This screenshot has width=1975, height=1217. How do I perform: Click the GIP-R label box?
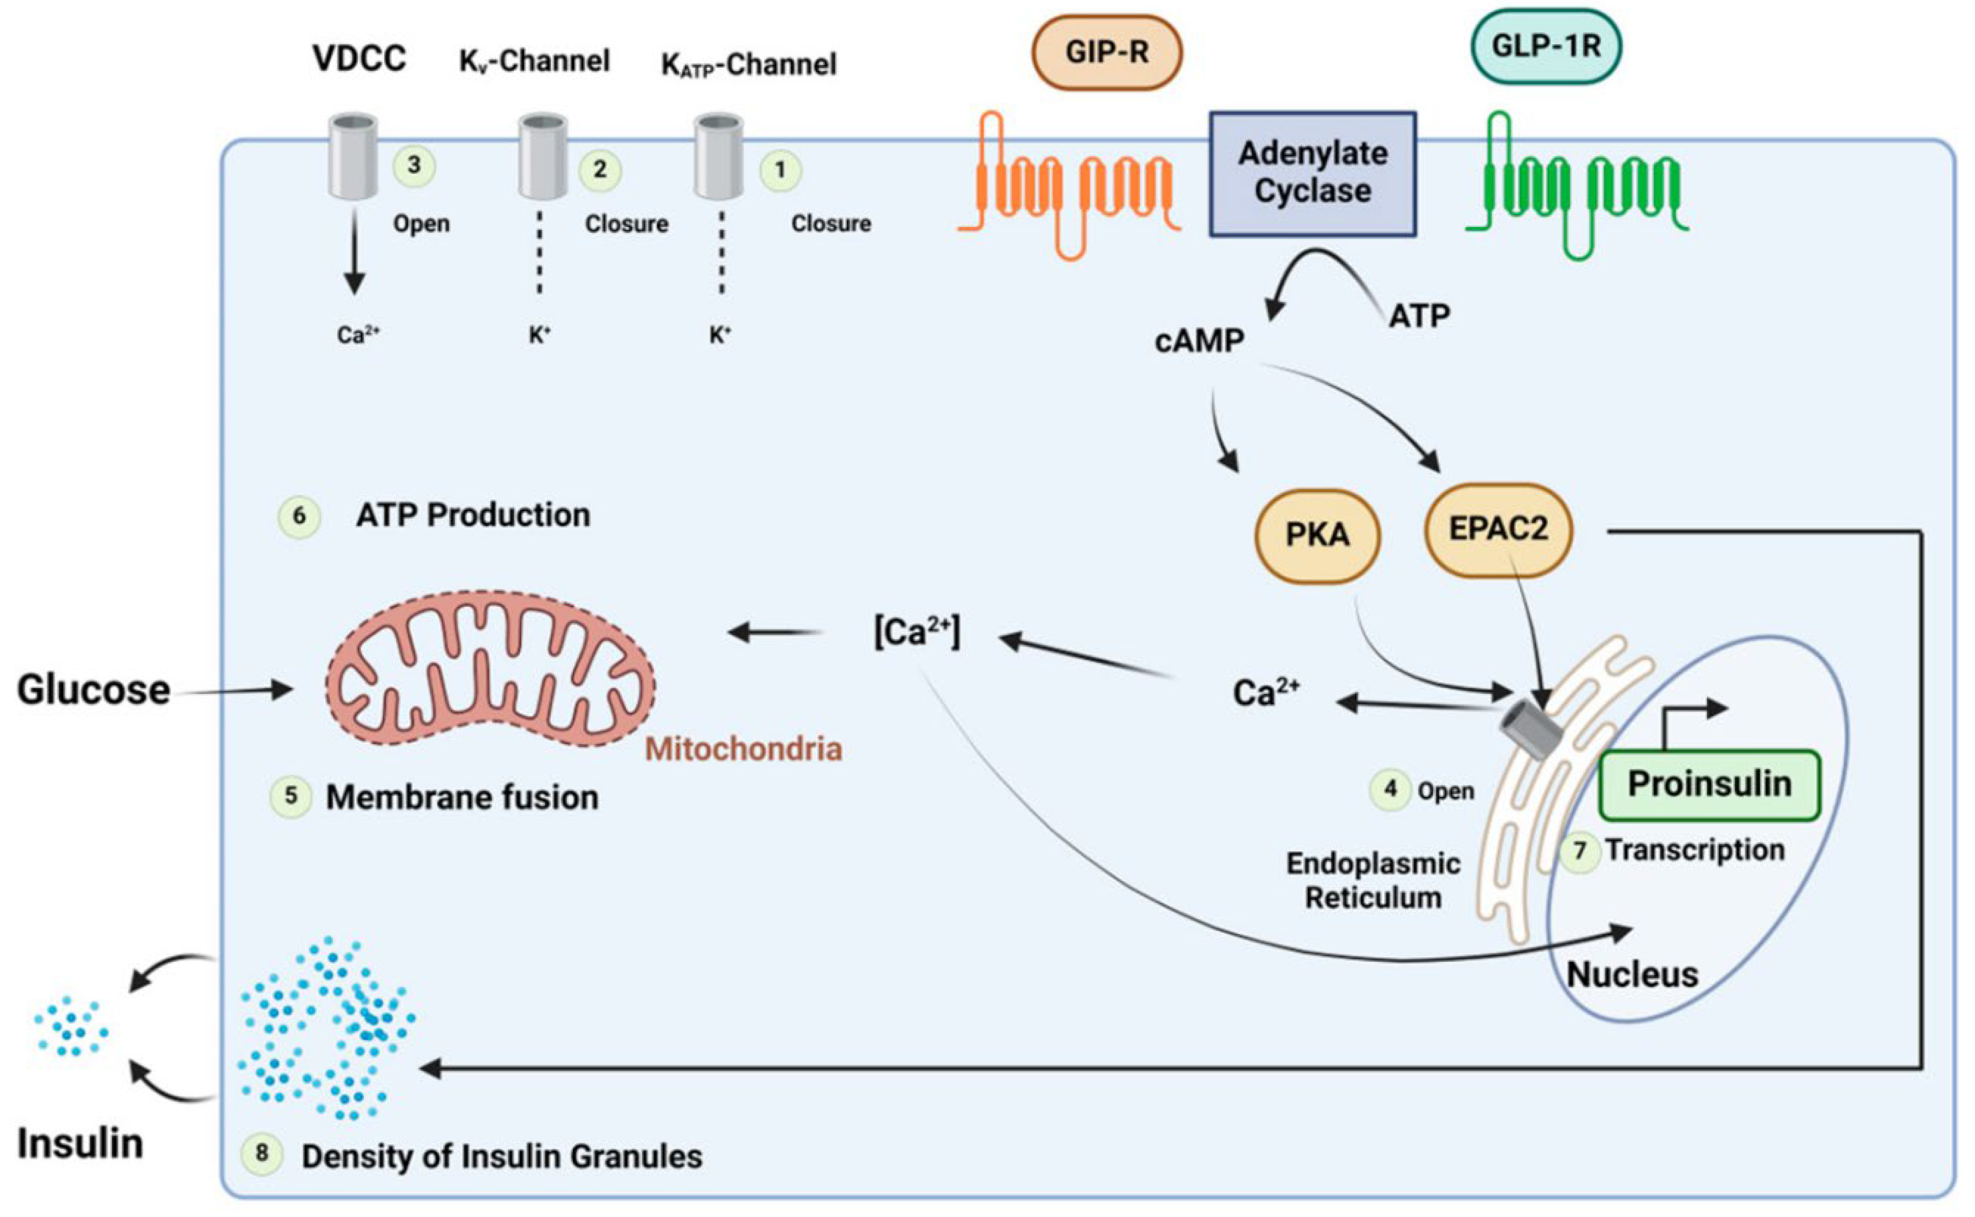[x=1106, y=52]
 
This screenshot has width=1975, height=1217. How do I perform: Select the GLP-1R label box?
[x=1545, y=46]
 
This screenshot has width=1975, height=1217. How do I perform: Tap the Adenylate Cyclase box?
[x=1313, y=173]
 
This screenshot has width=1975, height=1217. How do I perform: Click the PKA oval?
[x=1317, y=535]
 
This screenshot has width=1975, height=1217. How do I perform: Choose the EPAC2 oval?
[x=1498, y=530]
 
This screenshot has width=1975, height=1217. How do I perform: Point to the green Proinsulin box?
[x=1710, y=785]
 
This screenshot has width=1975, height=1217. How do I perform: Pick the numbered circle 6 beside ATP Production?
[x=299, y=516]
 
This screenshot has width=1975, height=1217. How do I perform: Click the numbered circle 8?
[x=262, y=1153]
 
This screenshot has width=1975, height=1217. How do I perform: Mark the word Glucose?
[x=94, y=690]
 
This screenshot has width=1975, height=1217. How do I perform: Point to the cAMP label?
[x=1199, y=342]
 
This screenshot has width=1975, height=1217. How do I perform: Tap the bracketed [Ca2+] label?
[x=917, y=633]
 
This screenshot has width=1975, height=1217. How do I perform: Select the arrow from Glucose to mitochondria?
[x=233, y=690]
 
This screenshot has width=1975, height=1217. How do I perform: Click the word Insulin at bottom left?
[x=81, y=1144]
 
